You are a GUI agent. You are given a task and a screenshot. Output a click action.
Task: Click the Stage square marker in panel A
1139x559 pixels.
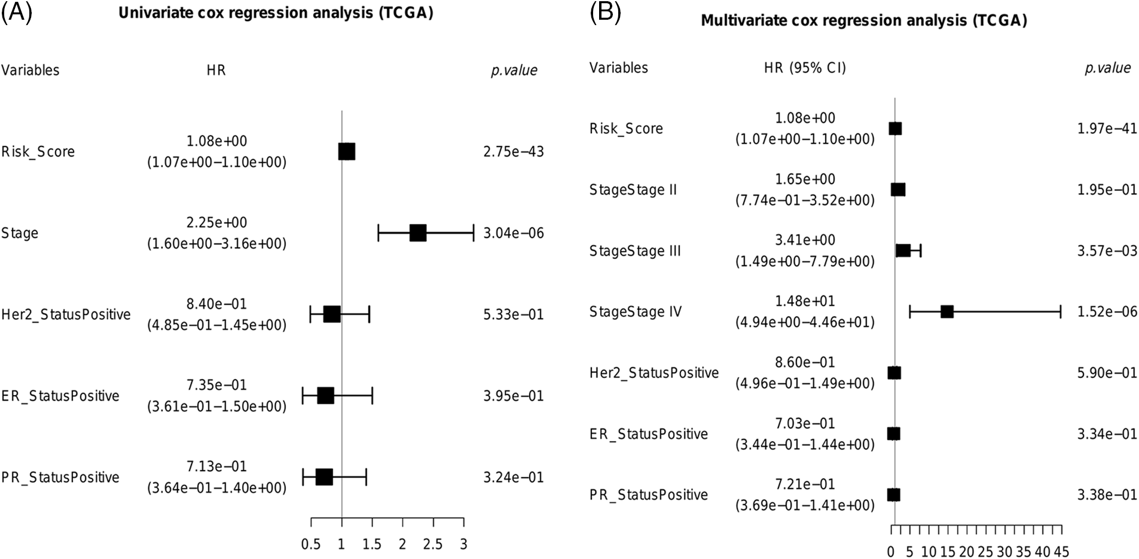tap(417, 233)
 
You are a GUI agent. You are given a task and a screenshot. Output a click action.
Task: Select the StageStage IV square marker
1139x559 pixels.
tap(946, 311)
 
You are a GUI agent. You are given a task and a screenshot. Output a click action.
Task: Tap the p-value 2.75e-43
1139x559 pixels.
tap(514, 152)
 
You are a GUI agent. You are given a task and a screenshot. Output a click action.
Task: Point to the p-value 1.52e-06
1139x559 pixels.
tap(1107, 312)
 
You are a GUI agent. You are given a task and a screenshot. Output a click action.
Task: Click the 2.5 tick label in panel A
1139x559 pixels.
tap(433, 545)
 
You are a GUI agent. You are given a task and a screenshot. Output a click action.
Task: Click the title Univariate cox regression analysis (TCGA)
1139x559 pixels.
tap(276, 13)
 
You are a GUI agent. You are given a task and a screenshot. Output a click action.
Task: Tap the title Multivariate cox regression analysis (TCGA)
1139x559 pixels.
tap(864, 21)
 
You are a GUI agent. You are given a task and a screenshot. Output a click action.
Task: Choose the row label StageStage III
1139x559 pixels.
tap(635, 251)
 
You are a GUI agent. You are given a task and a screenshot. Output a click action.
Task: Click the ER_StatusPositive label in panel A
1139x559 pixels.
tap(60, 396)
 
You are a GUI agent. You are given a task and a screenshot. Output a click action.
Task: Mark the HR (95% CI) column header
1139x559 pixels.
tap(805, 68)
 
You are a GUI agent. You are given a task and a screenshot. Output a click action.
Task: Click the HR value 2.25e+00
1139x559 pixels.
tap(216, 223)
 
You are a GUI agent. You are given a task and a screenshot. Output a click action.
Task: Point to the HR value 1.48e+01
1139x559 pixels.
tap(805, 301)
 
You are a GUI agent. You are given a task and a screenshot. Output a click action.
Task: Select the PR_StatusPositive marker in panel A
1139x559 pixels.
tap(323, 477)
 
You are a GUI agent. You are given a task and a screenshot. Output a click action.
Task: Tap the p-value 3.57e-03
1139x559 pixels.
tap(1107, 251)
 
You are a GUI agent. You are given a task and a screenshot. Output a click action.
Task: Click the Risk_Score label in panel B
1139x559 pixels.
tap(626, 129)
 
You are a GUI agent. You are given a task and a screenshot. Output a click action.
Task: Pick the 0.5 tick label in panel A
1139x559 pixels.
tap(310, 545)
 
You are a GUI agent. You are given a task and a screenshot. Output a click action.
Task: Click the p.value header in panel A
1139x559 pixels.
tap(514, 71)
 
